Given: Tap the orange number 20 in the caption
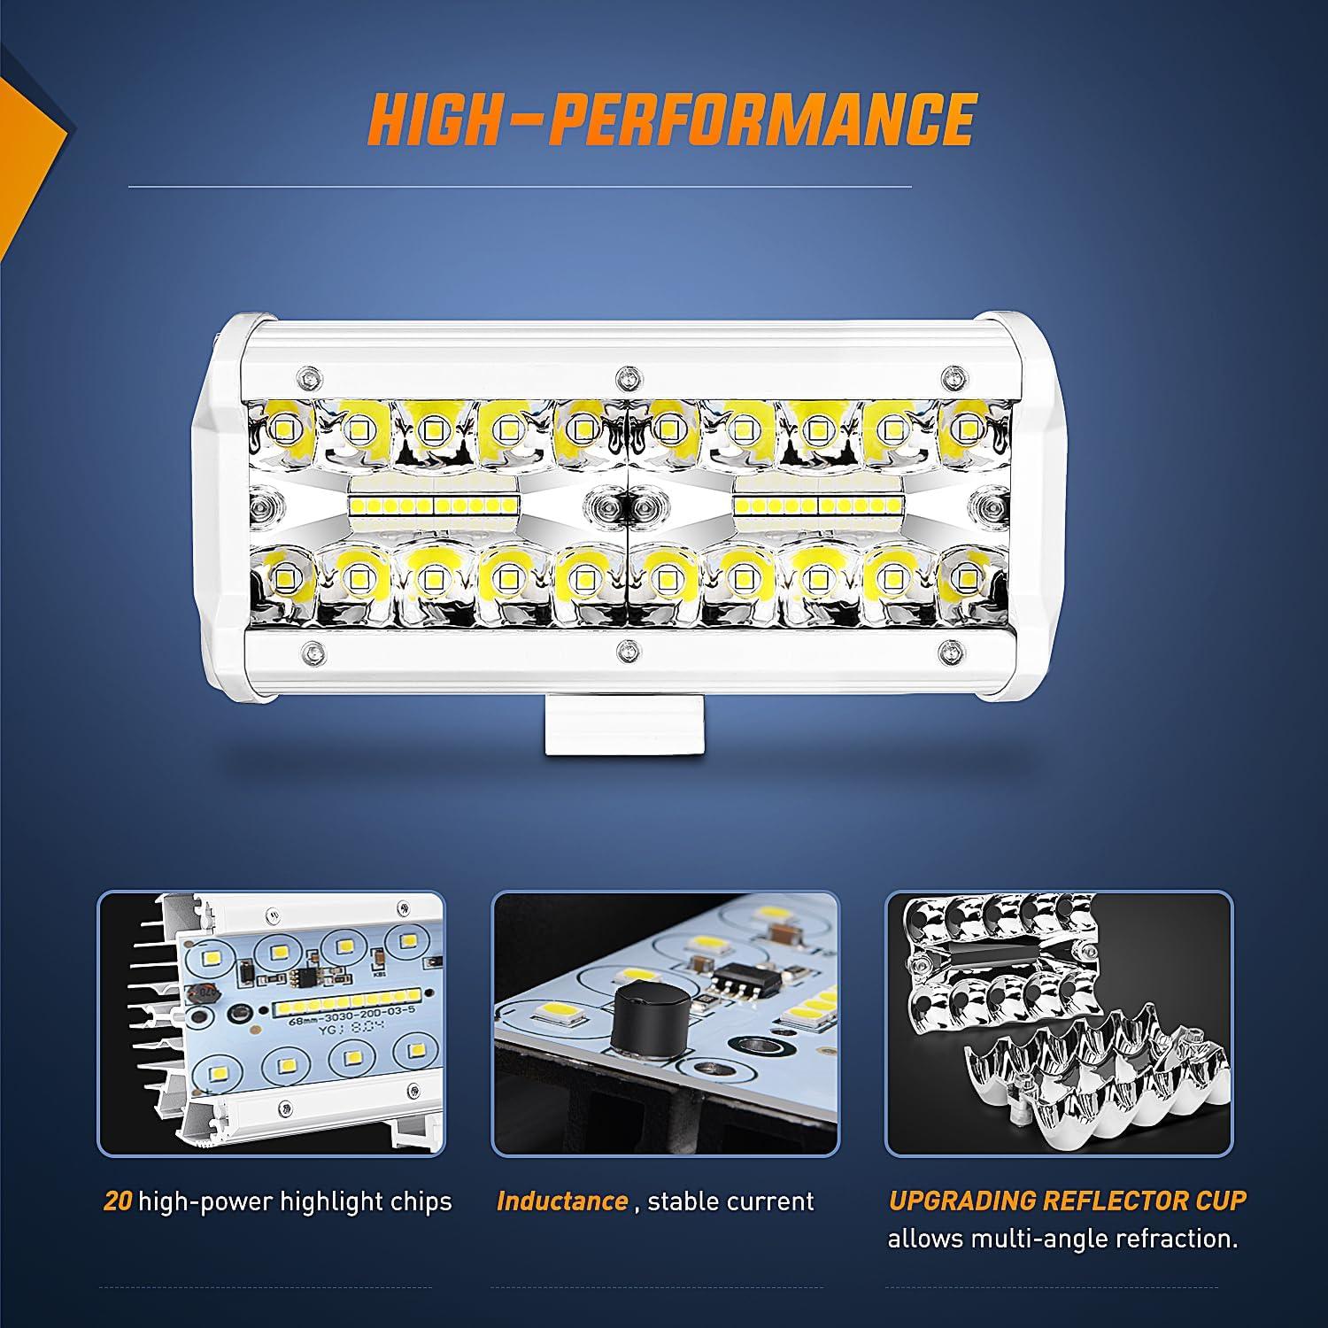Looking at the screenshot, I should pos(118,1201).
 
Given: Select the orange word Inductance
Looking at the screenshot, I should pos(562,1201).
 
